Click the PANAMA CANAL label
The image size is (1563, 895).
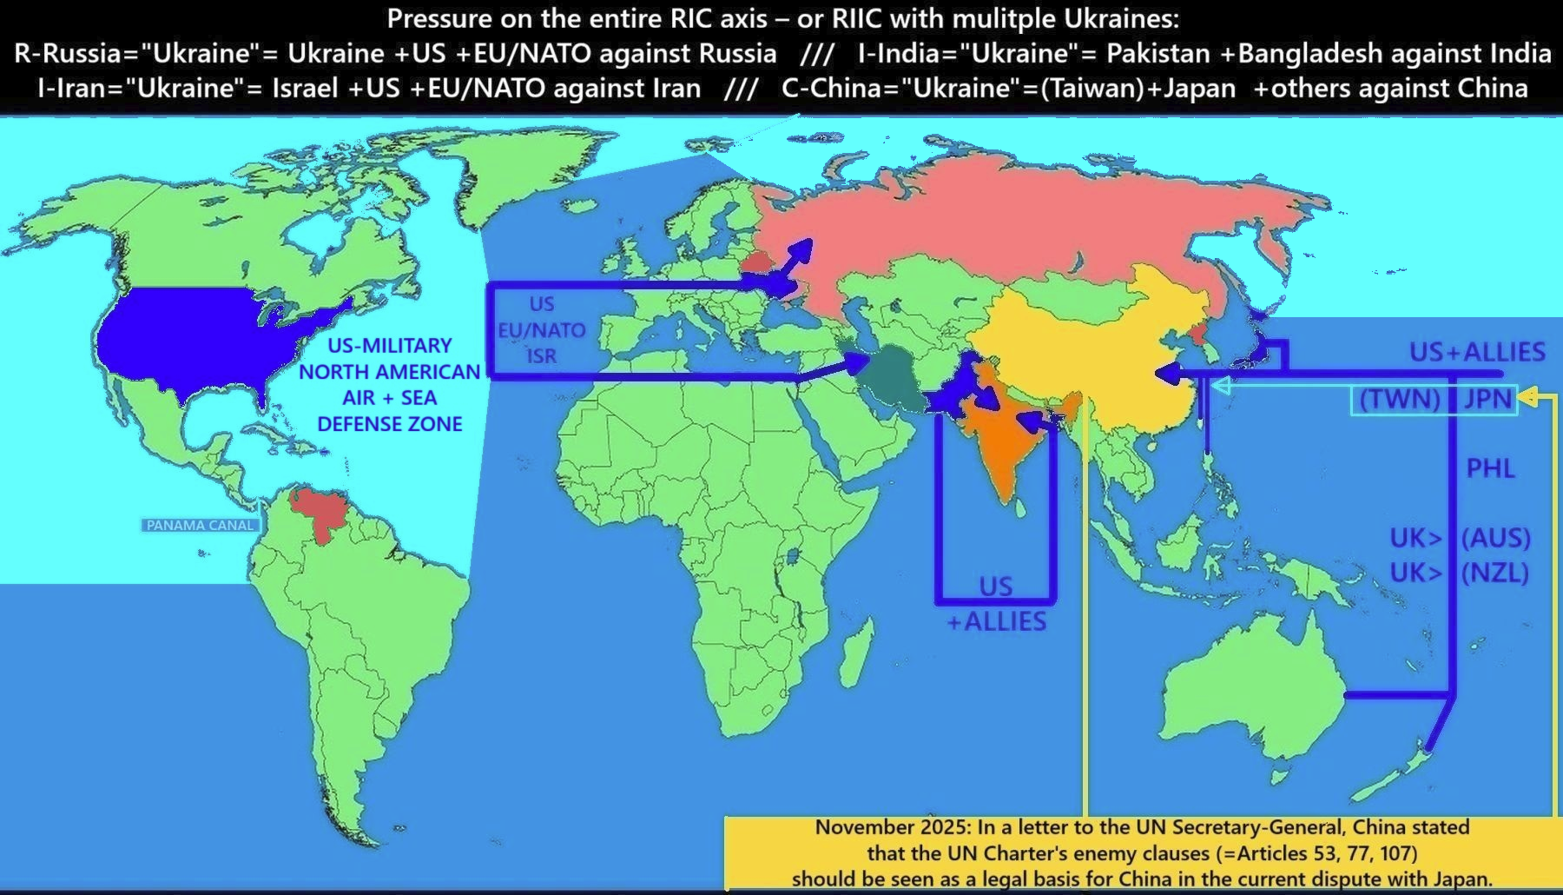click(200, 525)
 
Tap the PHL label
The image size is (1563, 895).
click(1490, 468)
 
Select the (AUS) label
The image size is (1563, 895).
click(1495, 538)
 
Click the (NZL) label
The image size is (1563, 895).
click(1494, 573)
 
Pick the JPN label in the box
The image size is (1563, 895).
click(1488, 399)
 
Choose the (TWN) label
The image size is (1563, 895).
click(1399, 399)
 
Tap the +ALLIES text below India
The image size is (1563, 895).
click(996, 621)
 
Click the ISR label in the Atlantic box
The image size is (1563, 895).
click(541, 356)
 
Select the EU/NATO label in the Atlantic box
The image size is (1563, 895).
click(541, 330)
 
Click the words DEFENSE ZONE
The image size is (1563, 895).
click(389, 424)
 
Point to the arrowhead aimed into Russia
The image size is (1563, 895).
click(803, 249)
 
